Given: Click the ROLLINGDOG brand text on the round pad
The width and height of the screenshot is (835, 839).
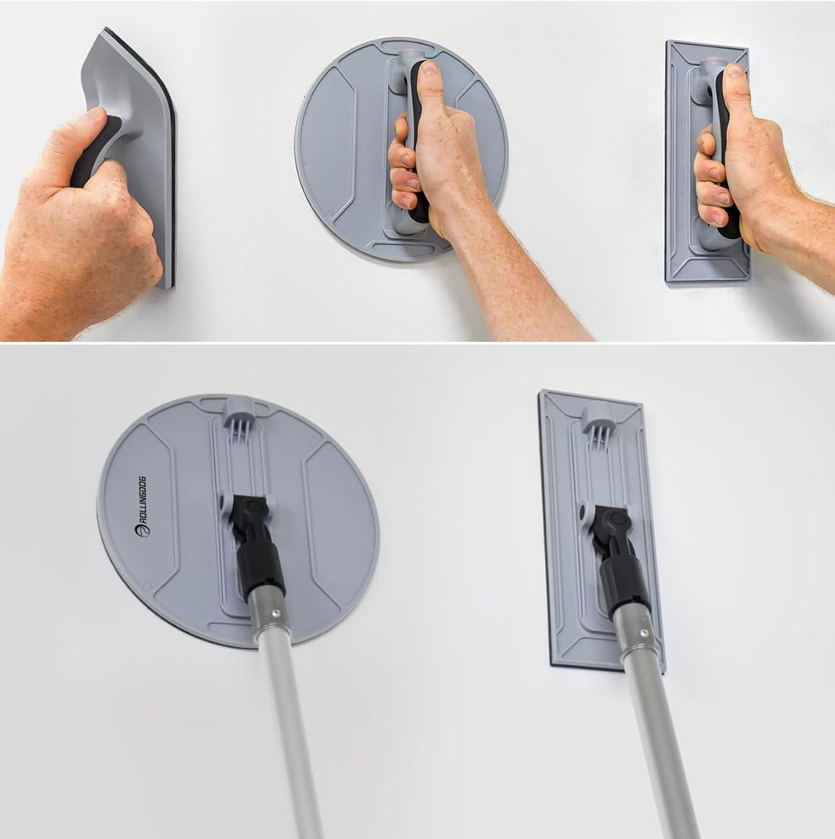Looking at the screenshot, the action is tap(142, 506).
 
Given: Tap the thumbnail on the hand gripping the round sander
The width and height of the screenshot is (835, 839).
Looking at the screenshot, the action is tap(429, 69).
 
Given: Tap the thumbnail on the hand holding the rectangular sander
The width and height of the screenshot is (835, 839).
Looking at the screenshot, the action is tap(736, 71).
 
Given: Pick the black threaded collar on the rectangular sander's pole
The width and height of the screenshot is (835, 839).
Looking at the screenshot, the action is tap(624, 587).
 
